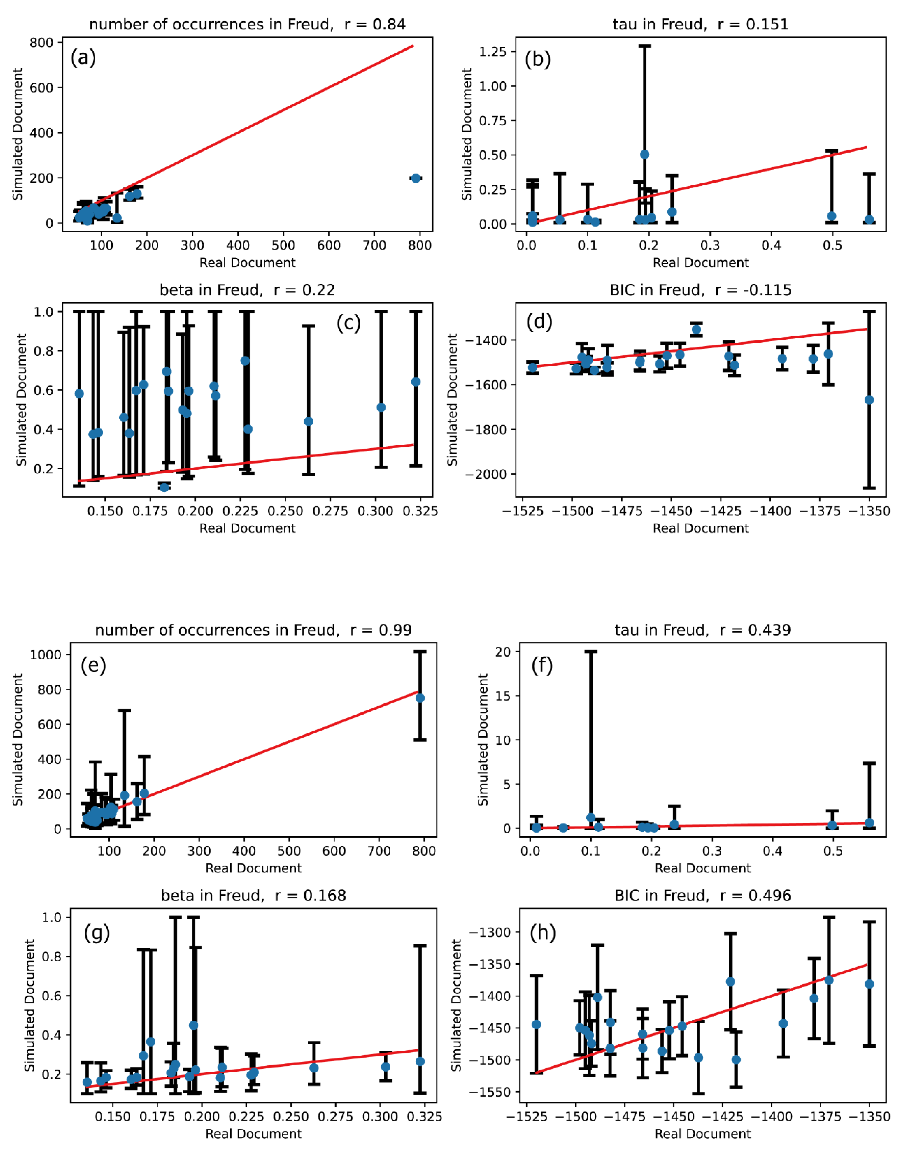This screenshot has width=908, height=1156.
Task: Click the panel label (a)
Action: (x=83, y=57)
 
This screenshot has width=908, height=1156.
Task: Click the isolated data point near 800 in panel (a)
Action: (x=416, y=178)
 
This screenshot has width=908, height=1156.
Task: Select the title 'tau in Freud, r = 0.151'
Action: (x=700, y=24)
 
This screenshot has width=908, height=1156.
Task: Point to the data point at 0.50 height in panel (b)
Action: (x=644, y=155)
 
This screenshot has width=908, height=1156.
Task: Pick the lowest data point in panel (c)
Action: (x=164, y=487)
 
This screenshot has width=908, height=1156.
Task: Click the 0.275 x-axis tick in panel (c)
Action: (x=331, y=511)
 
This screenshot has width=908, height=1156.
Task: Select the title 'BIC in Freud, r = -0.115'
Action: (x=700, y=290)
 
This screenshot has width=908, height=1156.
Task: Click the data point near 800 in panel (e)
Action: (x=420, y=698)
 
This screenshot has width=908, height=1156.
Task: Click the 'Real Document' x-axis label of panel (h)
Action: (x=702, y=1134)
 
